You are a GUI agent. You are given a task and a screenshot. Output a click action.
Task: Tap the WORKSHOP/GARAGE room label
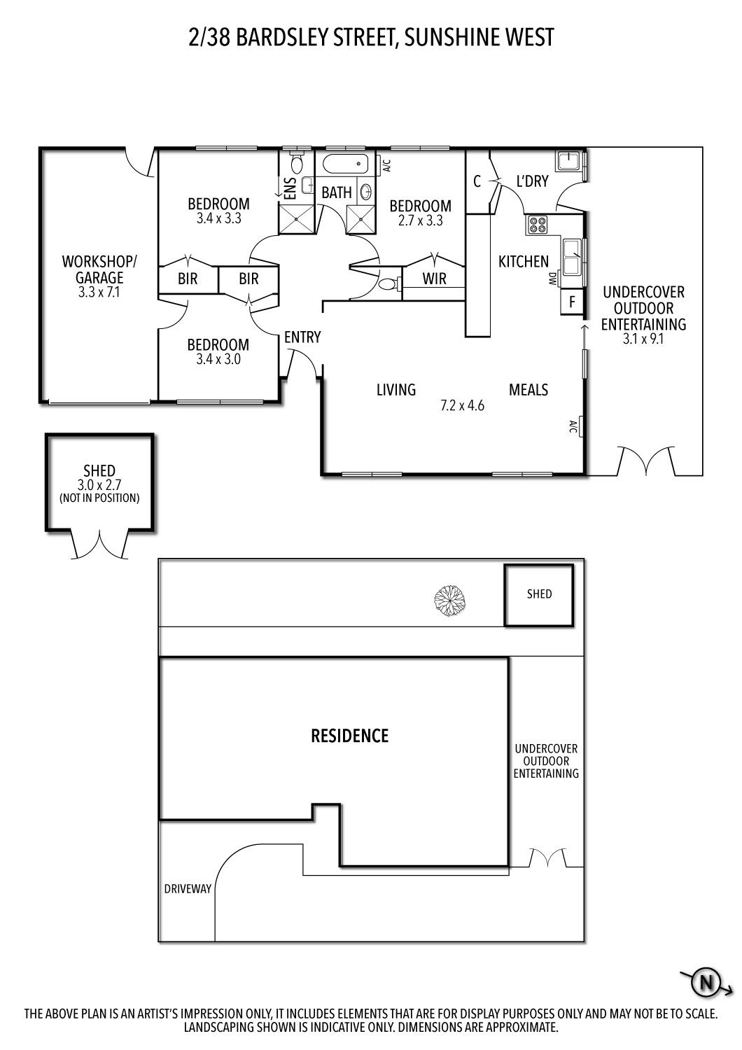(x=100, y=269)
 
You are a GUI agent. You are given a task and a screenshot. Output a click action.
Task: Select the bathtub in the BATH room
(x=346, y=166)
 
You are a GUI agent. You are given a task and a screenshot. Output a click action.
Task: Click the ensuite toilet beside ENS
(x=297, y=164)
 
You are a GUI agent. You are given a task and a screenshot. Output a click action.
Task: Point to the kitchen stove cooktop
(x=538, y=225)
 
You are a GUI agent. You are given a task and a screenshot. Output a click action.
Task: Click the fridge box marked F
(x=572, y=303)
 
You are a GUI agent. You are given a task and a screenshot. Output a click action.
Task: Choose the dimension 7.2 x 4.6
(x=462, y=405)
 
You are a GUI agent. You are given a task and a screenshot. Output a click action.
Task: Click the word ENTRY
(x=302, y=337)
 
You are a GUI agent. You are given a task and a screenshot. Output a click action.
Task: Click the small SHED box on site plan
(x=539, y=594)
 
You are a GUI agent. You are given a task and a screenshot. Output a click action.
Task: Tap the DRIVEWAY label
(x=187, y=888)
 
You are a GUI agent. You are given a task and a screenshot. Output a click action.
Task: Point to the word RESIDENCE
(x=349, y=736)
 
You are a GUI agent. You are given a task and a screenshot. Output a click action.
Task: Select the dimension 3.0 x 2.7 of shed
(x=99, y=484)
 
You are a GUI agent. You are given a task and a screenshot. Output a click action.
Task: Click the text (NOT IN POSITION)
(x=99, y=498)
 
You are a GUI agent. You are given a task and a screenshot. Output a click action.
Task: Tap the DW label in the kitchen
(x=552, y=279)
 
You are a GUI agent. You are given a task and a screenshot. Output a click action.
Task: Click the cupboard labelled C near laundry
(x=477, y=182)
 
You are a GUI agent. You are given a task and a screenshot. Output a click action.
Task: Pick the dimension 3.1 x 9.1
(x=643, y=339)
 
